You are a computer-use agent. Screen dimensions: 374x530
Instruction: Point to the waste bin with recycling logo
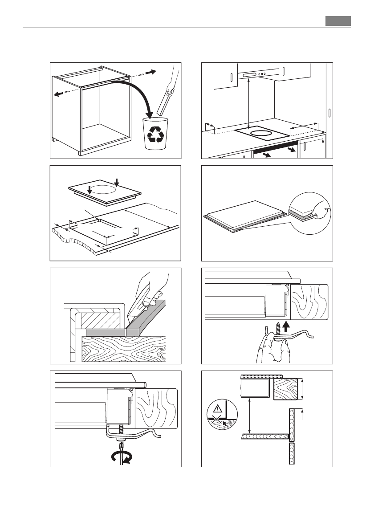tap(155, 134)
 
